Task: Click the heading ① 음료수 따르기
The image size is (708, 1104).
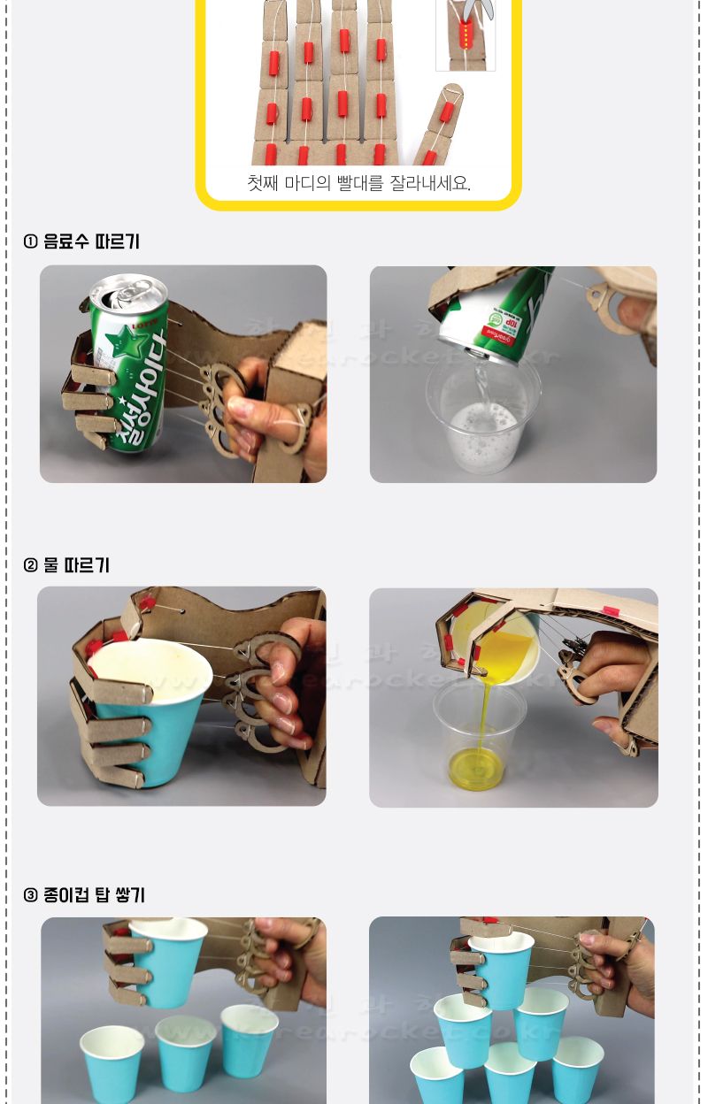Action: pos(81,241)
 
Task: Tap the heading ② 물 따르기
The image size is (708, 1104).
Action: pos(66,565)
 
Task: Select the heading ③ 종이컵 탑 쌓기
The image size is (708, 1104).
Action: pos(84,895)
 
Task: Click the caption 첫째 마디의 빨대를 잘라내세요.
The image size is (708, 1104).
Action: pos(358,183)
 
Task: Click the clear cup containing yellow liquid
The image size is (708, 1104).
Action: pos(479,739)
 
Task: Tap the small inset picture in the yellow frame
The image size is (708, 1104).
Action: pos(465,35)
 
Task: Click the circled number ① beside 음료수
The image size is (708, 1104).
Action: pos(31,241)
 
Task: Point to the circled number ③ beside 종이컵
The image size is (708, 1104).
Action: pos(31,895)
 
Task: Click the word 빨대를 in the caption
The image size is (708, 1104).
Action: pos(360,183)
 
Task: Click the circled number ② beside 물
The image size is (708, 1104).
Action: pos(31,565)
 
